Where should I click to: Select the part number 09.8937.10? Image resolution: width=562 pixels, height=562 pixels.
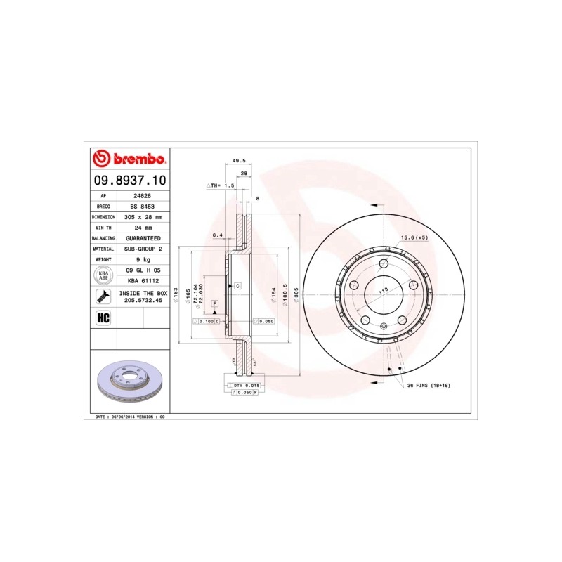(130, 181)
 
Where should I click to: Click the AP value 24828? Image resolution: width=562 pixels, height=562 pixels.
(143, 196)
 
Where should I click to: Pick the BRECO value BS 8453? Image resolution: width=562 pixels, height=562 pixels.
(143, 207)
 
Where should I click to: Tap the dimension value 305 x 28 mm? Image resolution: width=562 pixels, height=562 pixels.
(143, 217)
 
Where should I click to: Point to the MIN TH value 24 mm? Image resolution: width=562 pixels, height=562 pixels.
(143, 228)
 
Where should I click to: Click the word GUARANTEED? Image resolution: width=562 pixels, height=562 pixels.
(143, 238)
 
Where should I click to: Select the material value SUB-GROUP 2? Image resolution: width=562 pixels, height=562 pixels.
(143, 249)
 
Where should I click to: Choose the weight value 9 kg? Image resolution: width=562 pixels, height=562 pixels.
(143, 259)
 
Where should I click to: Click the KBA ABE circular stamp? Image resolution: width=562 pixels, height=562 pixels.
(103, 275)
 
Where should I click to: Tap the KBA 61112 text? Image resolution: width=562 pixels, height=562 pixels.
(143, 280)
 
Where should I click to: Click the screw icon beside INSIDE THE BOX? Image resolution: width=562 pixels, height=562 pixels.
(103, 296)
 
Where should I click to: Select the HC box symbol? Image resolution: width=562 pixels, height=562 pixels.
(103, 317)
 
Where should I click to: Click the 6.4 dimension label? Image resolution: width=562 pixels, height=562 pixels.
(217, 235)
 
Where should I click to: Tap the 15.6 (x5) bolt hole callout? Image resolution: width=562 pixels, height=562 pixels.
(414, 237)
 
